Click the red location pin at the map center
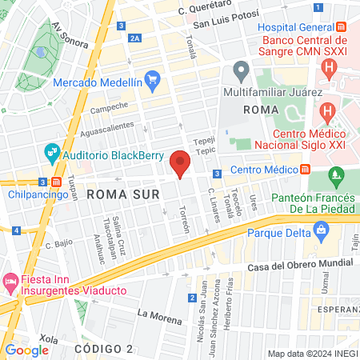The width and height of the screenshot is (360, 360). [180, 162]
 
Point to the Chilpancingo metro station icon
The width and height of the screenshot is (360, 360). [54, 182]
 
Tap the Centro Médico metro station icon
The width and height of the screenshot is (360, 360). [306, 169]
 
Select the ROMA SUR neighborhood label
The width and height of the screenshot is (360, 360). [119, 194]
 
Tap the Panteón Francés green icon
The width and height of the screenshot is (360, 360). [336, 175]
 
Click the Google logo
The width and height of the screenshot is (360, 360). [26, 350]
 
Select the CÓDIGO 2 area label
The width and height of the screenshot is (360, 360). [104, 349]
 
